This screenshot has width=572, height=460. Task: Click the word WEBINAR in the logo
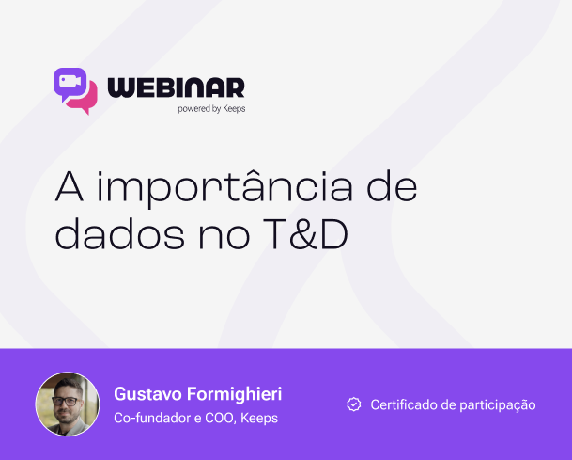pos(176,87)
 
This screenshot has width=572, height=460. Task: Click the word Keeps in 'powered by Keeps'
pos(234,108)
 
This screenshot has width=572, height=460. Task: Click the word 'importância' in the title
pos(225,186)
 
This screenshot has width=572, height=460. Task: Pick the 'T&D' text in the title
pos(305,234)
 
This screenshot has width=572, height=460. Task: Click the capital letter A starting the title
pos(70,186)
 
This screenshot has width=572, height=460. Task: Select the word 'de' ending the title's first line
pos(392,186)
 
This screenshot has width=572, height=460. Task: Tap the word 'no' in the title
pos(224,237)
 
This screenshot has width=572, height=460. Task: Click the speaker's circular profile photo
pos(67,404)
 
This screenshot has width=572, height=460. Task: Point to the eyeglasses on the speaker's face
pos(65,401)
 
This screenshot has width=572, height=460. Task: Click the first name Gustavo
pos(147,394)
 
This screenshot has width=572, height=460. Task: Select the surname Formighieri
pos(235,394)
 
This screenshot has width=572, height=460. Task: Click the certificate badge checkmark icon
pos(354,404)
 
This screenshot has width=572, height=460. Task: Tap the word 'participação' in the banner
pos(498,405)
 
